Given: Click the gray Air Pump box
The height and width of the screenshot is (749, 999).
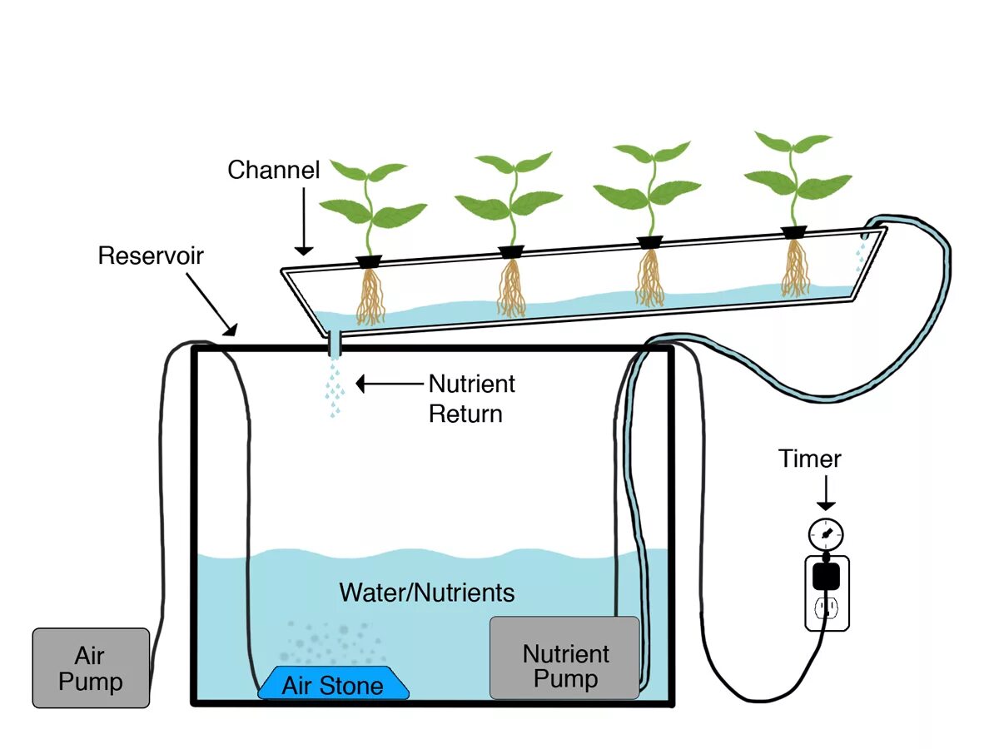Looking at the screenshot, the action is point(91,667).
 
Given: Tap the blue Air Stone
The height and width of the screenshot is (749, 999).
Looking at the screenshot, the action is point(333,682).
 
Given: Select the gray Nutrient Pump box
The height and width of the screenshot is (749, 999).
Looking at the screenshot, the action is point(564,657).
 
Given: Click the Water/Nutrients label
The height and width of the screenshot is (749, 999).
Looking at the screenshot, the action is point(427,593).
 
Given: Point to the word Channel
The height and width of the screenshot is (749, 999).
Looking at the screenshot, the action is point(274,170).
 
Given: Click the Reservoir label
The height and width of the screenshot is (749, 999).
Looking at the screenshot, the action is point(151,255).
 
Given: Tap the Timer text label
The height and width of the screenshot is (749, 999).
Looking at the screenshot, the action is point(810,459).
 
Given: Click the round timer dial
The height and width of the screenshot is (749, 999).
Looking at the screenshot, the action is point(826,535).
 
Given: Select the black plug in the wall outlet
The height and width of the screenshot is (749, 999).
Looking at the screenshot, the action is point(826,576).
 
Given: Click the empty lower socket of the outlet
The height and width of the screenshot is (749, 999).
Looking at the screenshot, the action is point(826,608).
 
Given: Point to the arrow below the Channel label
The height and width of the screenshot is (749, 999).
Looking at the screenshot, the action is point(304,221).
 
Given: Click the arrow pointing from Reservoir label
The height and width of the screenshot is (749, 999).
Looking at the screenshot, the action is point(211,304).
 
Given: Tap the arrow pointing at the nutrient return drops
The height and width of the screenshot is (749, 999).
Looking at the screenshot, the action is point(390,384).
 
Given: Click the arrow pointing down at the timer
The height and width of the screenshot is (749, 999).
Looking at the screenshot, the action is point(826,493).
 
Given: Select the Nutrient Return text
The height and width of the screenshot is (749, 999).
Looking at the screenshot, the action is point(471,399).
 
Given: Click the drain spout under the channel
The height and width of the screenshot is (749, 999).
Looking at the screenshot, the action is point(335,344).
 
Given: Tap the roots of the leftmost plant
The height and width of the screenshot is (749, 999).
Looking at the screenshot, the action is point(370,296).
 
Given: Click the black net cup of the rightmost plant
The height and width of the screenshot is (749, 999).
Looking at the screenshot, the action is point(794,232).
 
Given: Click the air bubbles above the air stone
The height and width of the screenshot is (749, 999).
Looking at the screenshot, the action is point(333,642).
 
